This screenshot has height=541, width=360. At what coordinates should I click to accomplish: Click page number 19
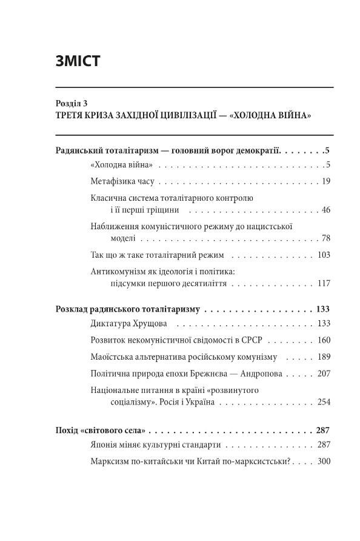(325, 181)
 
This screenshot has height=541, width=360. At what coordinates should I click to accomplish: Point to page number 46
(325, 210)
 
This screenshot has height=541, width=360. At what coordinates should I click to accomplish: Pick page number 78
(325, 238)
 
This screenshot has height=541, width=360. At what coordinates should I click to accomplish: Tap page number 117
(323, 283)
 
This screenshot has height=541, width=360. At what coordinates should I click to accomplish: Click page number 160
(323, 340)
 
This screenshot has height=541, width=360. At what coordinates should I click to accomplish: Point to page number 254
(323, 402)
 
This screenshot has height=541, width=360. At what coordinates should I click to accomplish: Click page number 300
(323, 462)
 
